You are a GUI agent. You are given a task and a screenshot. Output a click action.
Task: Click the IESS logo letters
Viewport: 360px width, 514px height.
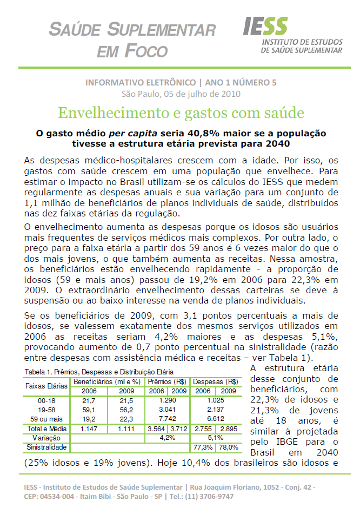[x=265, y=25]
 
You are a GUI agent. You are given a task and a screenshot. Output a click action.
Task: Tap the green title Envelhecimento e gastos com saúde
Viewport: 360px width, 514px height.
[x=181, y=113]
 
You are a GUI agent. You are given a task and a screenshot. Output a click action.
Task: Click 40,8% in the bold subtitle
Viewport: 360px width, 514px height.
[x=212, y=133]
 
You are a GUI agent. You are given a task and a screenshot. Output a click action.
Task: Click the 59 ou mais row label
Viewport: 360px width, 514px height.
[x=46, y=418]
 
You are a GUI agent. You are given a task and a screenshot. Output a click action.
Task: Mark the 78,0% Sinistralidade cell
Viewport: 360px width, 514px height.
[x=228, y=447]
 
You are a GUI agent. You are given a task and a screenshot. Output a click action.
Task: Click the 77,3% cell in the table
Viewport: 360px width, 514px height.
[x=203, y=447]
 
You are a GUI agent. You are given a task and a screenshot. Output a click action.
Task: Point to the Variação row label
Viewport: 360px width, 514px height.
[x=46, y=437]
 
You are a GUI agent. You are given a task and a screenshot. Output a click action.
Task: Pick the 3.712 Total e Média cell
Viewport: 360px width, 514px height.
[x=178, y=428]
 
